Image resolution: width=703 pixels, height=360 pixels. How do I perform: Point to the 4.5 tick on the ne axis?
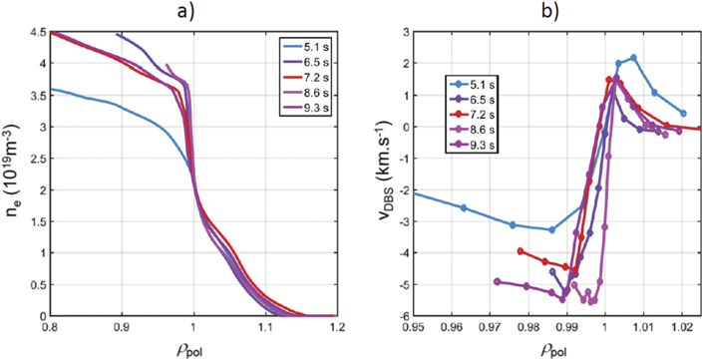pos(35,32)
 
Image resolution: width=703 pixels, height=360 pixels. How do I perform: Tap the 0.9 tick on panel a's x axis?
pos(121,325)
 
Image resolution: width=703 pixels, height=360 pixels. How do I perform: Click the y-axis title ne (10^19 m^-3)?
pos(12,175)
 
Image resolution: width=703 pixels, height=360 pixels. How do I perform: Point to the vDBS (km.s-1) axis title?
pos(376,175)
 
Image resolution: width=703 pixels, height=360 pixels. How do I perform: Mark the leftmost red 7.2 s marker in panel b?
pos(521,251)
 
